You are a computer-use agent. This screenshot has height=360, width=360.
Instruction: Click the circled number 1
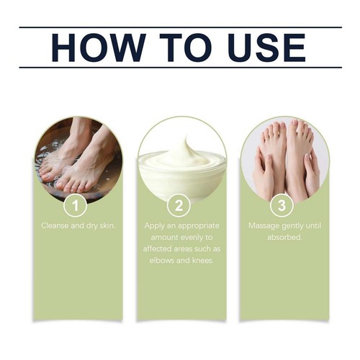pos(76,205)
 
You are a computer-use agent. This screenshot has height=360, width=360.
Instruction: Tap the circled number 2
pos(180,205)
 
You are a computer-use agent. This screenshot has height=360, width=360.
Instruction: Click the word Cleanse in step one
pos(58,226)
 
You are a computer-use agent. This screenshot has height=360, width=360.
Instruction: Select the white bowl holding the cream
pos(180,176)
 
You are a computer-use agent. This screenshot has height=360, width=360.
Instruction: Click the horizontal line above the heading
pos(180,27)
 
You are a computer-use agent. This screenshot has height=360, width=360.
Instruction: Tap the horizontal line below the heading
pos(180,68)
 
